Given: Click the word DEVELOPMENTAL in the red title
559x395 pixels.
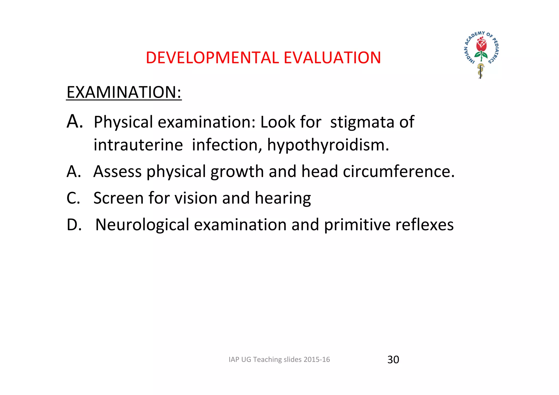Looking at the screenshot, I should point(212,58).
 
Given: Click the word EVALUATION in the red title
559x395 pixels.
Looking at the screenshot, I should point(332,58).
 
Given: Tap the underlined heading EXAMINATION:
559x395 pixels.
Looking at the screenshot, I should point(124,92).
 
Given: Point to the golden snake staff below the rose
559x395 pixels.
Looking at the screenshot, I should point(480,70).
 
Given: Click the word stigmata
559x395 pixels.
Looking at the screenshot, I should point(362,122).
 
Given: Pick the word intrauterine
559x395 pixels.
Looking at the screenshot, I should point(138,145).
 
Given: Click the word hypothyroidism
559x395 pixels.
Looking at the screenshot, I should point(328,145).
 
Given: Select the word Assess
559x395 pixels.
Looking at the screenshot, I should point(117,172).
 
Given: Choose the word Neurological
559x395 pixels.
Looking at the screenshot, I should point(142,225).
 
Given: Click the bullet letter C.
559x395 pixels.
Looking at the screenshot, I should point(73,198).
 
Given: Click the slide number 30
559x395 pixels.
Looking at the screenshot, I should point(393,360).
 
